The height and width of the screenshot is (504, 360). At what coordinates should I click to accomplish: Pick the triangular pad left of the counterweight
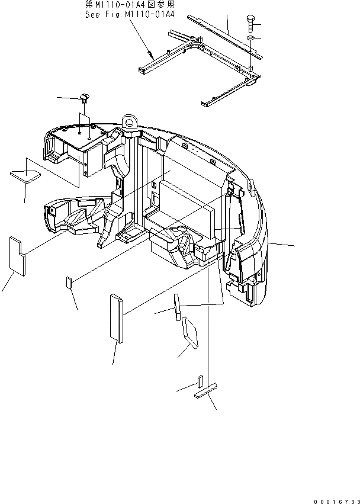click(x=25, y=174)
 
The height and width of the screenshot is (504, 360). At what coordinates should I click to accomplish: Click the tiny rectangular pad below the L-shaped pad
click(x=69, y=282)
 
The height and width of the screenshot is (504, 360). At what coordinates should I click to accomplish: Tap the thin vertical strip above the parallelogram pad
click(x=176, y=307)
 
